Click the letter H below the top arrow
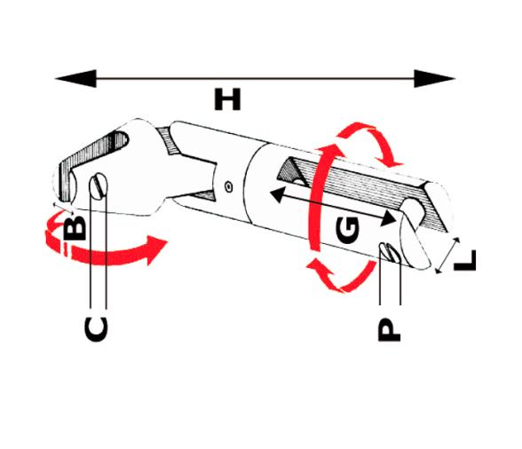click(x=228, y=99)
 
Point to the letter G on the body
click(x=349, y=229)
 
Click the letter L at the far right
click(x=463, y=260)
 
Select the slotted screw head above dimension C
click(x=99, y=185)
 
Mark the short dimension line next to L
click(x=446, y=255)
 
